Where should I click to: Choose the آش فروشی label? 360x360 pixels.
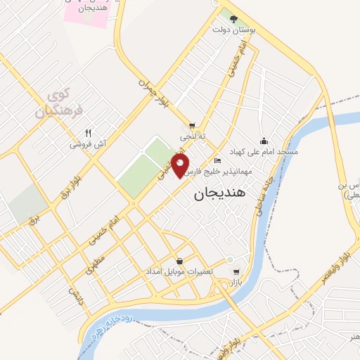(x=88, y=144)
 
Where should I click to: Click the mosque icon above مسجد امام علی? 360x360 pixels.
(x=264, y=140)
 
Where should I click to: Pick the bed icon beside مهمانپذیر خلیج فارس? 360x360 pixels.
(x=217, y=162)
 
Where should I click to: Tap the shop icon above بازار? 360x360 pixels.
(x=236, y=271)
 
